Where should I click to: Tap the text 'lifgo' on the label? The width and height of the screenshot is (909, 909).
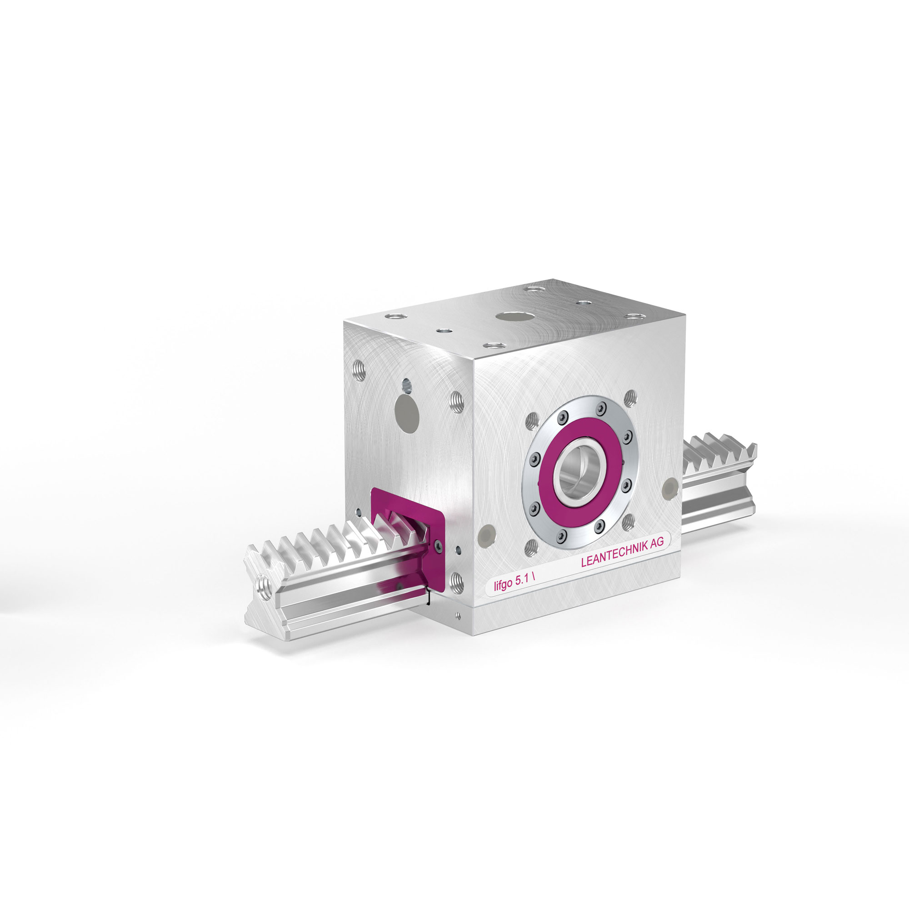pyautogui.click(x=503, y=585)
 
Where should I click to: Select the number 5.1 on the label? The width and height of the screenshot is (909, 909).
pyautogui.click(x=524, y=580)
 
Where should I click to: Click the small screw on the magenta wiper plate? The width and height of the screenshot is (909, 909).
pyautogui.click(x=439, y=546)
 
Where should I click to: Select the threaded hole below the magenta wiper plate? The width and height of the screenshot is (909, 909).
pyautogui.click(x=456, y=582)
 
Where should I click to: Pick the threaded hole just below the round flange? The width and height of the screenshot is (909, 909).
pyautogui.click(x=531, y=546)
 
